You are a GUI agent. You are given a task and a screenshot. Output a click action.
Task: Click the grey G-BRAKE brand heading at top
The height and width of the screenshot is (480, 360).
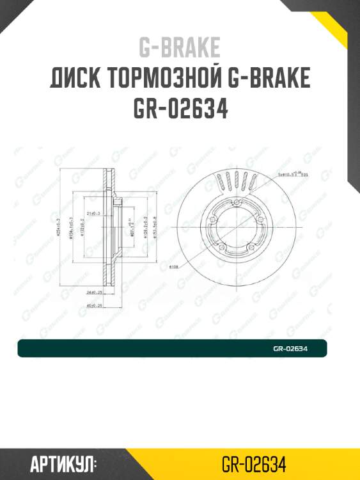pyautogui.click(x=180, y=47)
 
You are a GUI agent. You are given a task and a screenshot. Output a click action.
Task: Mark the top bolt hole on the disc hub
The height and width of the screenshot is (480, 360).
pyautogui.click(x=237, y=204)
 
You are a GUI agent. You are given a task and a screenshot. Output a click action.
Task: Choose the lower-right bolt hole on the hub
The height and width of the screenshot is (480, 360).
pyautogui.click(x=254, y=250)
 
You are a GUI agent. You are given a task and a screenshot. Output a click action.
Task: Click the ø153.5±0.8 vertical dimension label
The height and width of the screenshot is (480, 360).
pyautogui.click(x=164, y=227)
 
